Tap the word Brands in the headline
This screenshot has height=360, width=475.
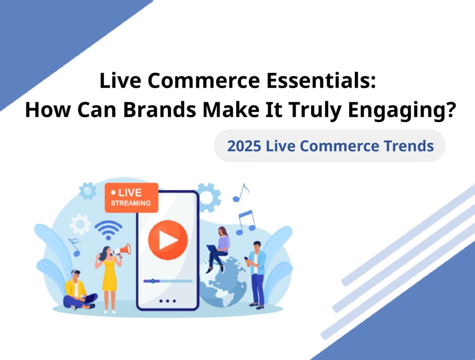(160, 109)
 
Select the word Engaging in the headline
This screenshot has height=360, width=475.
(401, 111)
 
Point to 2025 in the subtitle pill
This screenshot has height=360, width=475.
(244, 146)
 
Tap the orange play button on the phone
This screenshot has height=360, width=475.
(168, 240)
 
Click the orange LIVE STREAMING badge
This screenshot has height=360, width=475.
(131, 198)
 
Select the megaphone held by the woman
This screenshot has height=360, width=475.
(122, 251)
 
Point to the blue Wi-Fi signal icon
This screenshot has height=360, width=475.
(109, 230)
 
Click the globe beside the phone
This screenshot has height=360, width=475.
(223, 282)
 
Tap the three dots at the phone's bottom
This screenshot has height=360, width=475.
(167, 301)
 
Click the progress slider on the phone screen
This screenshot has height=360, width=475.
(168, 281)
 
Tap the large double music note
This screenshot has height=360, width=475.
(245, 223)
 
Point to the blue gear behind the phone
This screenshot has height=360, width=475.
(208, 198)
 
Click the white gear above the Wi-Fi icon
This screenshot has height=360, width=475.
(80, 225)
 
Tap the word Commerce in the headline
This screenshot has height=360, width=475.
(204, 81)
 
